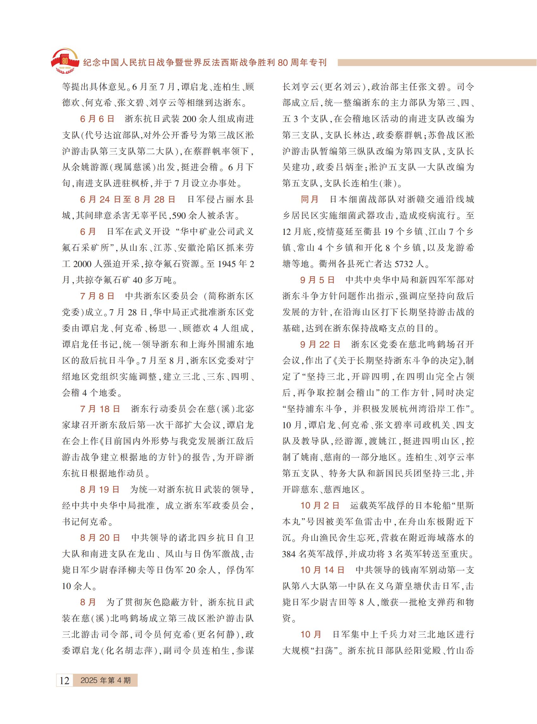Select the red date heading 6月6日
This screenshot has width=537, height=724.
[97, 119]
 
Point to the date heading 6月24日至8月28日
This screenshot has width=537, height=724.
[128, 199]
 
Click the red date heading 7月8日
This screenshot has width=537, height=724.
[97, 296]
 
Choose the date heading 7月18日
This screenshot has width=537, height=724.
[100, 409]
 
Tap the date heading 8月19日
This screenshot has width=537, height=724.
[100, 490]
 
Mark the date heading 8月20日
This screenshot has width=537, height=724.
[100, 538]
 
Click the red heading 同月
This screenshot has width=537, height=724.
[309, 199]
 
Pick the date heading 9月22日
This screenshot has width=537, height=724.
[320, 344]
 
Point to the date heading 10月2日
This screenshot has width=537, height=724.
[320, 505]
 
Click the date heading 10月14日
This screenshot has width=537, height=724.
[322, 570]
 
